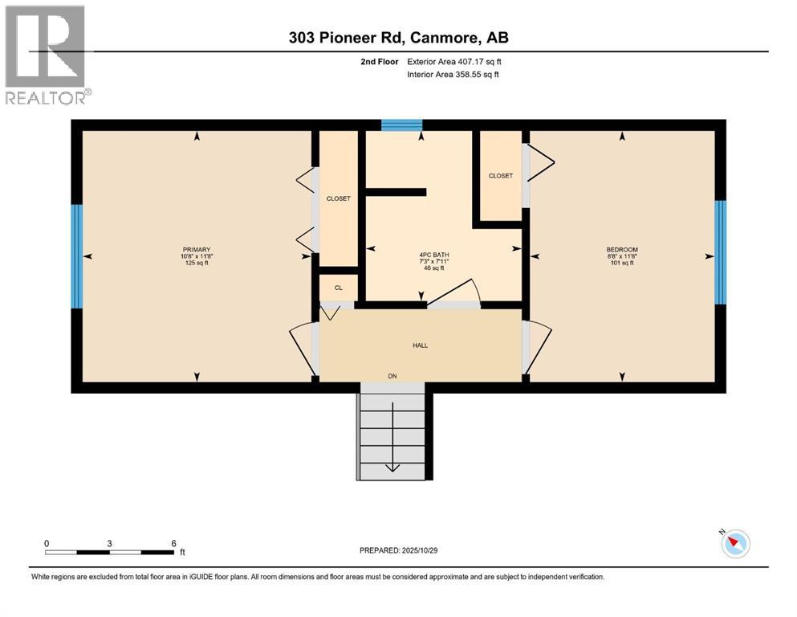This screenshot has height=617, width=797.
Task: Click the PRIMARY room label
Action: click(x=197, y=250)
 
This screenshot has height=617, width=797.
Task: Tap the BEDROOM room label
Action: click(x=621, y=250)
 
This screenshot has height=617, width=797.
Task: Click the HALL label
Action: click(x=420, y=345)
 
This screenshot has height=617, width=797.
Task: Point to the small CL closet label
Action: click(x=338, y=288)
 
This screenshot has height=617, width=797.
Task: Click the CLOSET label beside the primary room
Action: click(x=338, y=198)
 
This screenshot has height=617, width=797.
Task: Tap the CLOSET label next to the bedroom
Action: click(x=500, y=176)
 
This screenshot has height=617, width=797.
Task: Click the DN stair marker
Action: click(x=392, y=376)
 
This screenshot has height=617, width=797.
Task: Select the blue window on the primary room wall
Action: click(x=77, y=256)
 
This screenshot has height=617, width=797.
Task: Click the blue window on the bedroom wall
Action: click(x=721, y=251)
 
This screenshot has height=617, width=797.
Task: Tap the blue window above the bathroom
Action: click(x=401, y=125)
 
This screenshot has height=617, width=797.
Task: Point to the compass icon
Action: click(x=734, y=544)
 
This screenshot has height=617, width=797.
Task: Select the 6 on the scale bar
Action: click(x=174, y=543)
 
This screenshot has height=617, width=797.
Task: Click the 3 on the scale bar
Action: click(x=109, y=543)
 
